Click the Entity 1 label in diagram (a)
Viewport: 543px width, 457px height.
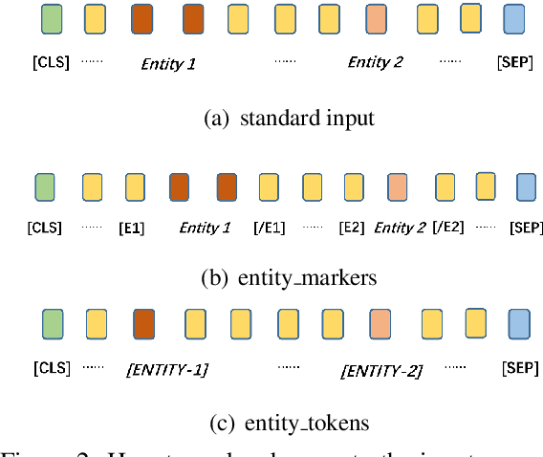[168, 64]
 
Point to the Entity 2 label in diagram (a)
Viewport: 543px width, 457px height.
[375, 63]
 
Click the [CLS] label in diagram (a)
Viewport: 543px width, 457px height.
[51, 63]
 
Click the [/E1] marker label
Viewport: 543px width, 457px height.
[271, 228]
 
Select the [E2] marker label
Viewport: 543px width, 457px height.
[352, 228]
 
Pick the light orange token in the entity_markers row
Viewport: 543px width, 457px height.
[398, 185]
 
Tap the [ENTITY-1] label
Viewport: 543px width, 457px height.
[168, 369]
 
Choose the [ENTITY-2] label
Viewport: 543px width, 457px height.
[382, 369]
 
